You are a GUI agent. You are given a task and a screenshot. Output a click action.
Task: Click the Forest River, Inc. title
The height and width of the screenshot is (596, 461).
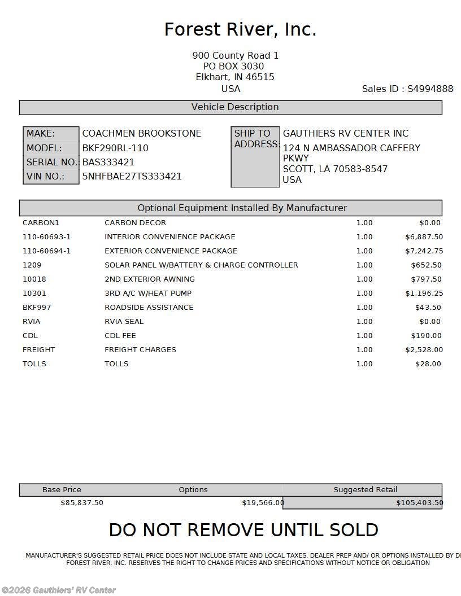coord(240,29)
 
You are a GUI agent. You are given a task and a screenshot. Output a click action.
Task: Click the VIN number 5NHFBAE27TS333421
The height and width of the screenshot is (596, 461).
coord(132,176)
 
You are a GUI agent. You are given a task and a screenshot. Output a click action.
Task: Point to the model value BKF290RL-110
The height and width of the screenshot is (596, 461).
coord(115,148)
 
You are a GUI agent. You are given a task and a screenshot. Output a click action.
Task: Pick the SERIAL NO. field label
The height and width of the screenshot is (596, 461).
coord(51,162)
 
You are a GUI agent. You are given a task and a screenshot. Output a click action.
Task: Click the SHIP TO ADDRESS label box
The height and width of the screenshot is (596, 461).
coord(255,156)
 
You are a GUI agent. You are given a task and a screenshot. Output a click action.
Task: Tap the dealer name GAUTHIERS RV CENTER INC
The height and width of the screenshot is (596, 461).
coord(345,134)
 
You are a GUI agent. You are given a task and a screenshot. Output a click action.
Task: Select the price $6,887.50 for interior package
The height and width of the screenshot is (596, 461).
coord(424,237)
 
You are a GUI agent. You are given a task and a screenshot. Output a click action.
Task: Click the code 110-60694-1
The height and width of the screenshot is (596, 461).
coord(46,251)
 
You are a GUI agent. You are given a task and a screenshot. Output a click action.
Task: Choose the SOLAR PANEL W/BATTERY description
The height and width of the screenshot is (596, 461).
coord(201,265)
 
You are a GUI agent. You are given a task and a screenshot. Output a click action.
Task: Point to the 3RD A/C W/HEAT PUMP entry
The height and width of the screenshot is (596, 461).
coord(148,293)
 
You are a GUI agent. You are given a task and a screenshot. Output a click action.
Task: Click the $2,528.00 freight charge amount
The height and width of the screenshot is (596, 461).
coord(424,350)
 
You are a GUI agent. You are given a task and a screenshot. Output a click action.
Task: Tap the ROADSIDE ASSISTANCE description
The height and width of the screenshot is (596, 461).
coord(149,308)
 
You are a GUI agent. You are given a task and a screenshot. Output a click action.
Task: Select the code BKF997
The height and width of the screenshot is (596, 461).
coord(34,308)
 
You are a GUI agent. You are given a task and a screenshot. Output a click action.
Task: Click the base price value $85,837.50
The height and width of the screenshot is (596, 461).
coord(82,503)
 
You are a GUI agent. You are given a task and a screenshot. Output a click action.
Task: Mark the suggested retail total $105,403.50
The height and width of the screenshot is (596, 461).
coord(419,503)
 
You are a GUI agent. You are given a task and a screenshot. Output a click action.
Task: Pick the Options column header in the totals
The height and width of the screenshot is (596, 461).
coord(193,490)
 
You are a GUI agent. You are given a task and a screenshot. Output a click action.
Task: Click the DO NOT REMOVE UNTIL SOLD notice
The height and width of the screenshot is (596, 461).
coord(243,530)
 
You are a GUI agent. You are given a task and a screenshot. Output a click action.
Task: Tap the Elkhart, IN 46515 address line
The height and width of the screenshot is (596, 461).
coord(235,77)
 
